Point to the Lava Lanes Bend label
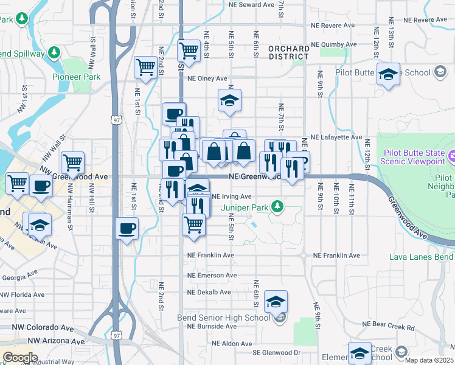(x=421, y=257)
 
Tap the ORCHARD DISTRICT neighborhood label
(x=288, y=52)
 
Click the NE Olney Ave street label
(x=207, y=78)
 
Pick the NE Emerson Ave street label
(x=212, y=275)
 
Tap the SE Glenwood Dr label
(x=277, y=353)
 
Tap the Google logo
(x=20, y=358)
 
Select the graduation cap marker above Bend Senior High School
(x=276, y=301)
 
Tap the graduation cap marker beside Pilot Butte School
(x=388, y=74)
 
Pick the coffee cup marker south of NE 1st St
(x=127, y=229)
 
